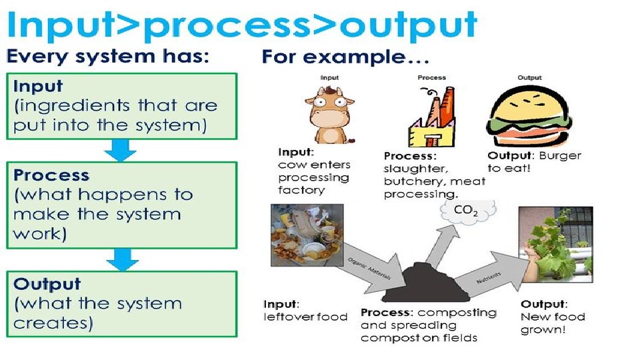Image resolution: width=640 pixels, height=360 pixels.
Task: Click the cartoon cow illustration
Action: [x=329, y=113]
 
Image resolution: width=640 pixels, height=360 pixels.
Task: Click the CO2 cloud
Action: [x=464, y=211]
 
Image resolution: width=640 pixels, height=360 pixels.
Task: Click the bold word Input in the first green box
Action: [x=38, y=87]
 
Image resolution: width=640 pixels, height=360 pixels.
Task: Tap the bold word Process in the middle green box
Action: [x=51, y=176]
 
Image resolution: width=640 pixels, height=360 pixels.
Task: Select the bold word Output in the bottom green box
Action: [x=47, y=284]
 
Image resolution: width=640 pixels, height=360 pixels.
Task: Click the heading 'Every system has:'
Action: [x=107, y=57]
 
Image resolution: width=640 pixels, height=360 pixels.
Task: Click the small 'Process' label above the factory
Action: [x=431, y=78]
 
